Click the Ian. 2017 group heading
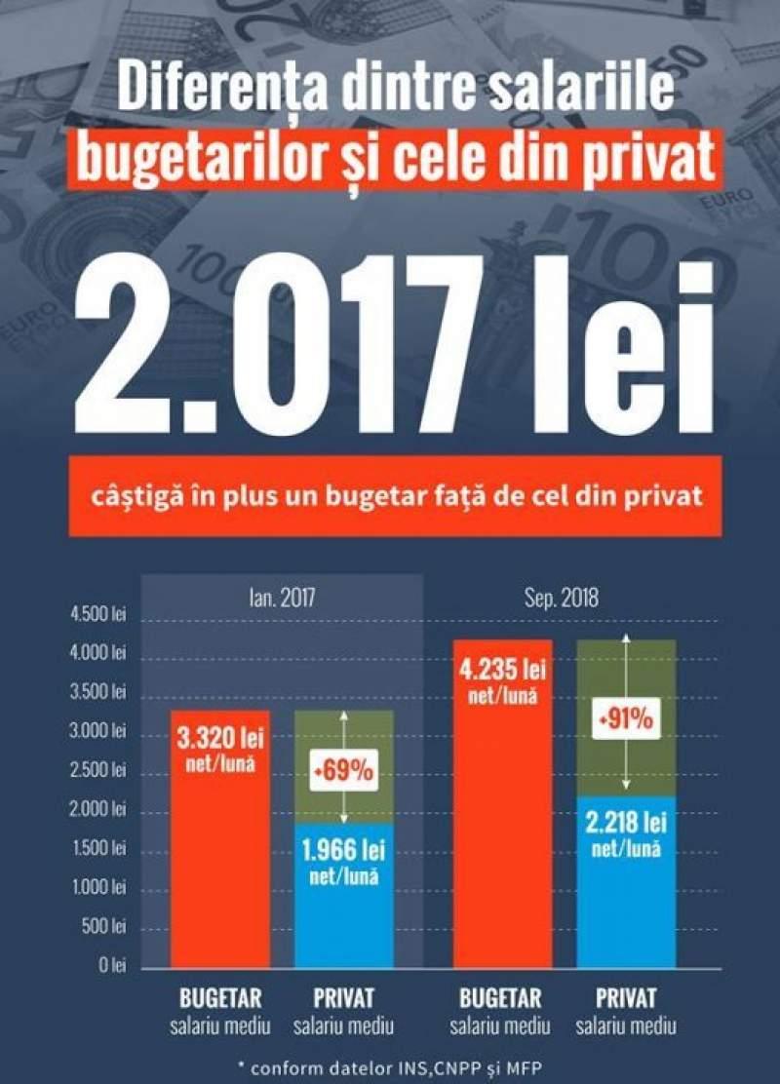tap(282, 596)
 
